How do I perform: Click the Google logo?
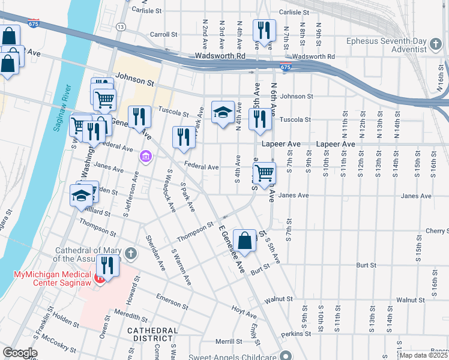(x=20, y=352)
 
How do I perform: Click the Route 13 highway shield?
(x=121, y=27)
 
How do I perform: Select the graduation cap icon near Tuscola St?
(x=223, y=112)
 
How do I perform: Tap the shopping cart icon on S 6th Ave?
(x=264, y=173)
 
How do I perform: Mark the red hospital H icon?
(x=100, y=278)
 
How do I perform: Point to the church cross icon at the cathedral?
(x=131, y=254)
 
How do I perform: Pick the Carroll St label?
(x=164, y=35)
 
